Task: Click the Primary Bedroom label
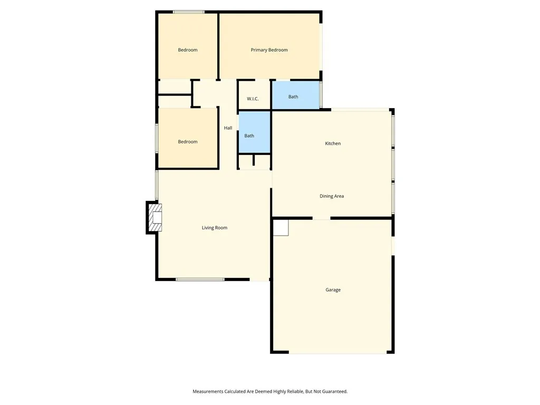[269, 50]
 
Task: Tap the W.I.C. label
[253, 99]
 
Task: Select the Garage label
[333, 290]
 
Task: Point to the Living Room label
[214, 228]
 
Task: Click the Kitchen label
[333, 143]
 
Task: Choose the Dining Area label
[332, 196]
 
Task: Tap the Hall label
[228, 128]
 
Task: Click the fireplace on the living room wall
[155, 217]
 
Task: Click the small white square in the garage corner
[281, 228]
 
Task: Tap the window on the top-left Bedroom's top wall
[189, 12]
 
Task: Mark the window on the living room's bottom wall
[200, 279]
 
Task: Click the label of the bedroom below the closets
[188, 142]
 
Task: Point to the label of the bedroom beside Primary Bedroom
[188, 50]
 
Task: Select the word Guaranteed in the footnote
[333, 391]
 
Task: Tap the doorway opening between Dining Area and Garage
[321, 218]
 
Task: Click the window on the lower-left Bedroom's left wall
[157, 138]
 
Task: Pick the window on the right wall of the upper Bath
[321, 95]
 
